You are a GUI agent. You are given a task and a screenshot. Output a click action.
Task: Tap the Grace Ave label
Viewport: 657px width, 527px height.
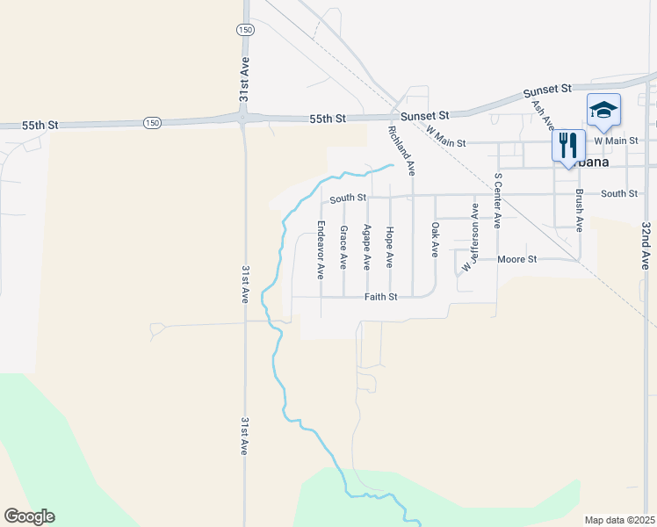(x=343, y=247)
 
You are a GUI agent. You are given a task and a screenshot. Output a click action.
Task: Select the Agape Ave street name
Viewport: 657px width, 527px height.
(x=367, y=247)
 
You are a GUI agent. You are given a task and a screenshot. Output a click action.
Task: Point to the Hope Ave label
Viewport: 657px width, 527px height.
(x=390, y=247)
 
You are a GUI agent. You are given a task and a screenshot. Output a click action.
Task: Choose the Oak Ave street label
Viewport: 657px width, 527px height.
(x=435, y=238)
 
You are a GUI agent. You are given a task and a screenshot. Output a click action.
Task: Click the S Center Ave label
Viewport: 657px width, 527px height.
(x=497, y=200)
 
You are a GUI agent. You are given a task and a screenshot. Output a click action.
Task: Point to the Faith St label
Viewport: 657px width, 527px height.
(x=382, y=297)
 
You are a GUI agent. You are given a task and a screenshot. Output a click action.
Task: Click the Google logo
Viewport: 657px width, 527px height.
(x=29, y=516)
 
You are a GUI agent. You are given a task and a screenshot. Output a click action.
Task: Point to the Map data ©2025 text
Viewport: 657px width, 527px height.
(x=619, y=520)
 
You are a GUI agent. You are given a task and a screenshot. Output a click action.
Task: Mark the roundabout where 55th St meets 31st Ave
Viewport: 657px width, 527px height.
(x=243, y=118)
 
